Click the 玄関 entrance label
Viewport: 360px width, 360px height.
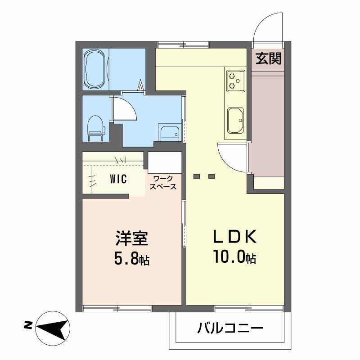click(269, 58)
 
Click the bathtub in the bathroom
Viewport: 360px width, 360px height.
click(95, 69)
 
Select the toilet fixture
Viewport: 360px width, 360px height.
click(95, 127)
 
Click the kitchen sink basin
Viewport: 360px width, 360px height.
click(235, 121)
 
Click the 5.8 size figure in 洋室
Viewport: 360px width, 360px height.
click(127, 260)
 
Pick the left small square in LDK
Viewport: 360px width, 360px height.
click(196, 176)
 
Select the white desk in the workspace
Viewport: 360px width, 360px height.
click(165, 162)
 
